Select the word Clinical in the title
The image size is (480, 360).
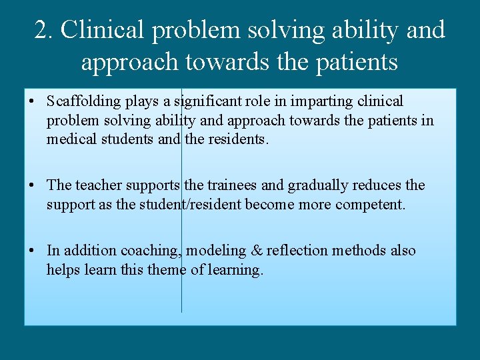click(x=105, y=30)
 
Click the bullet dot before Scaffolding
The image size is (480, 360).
click(x=32, y=103)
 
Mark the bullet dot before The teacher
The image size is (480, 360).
click(x=32, y=186)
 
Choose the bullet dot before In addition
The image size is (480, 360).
click(x=32, y=251)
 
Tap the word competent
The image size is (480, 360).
click(x=370, y=204)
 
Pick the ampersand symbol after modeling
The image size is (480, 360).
click(x=255, y=251)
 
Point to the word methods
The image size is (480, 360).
click(x=359, y=251)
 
